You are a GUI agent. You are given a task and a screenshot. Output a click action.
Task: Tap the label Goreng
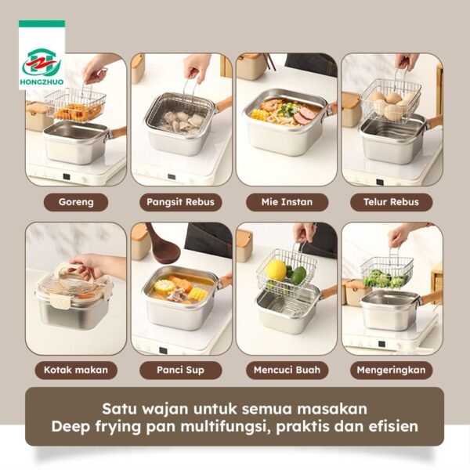[x=76, y=202]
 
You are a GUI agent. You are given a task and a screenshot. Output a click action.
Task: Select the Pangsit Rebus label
[x=181, y=202]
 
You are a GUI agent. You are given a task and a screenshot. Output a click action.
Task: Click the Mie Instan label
[x=287, y=202]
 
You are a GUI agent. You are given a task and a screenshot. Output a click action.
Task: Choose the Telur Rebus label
[x=392, y=202]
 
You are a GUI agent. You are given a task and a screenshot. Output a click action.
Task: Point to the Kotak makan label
[x=76, y=370]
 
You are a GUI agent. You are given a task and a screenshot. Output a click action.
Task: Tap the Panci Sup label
[x=181, y=370]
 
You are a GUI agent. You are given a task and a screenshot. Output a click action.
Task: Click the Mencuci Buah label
[x=287, y=370]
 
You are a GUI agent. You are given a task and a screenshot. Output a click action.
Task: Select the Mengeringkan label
[x=392, y=370]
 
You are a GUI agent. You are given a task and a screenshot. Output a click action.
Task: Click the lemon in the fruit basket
[x=276, y=270]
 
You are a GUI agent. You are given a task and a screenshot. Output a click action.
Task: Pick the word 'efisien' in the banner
[x=391, y=428]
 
